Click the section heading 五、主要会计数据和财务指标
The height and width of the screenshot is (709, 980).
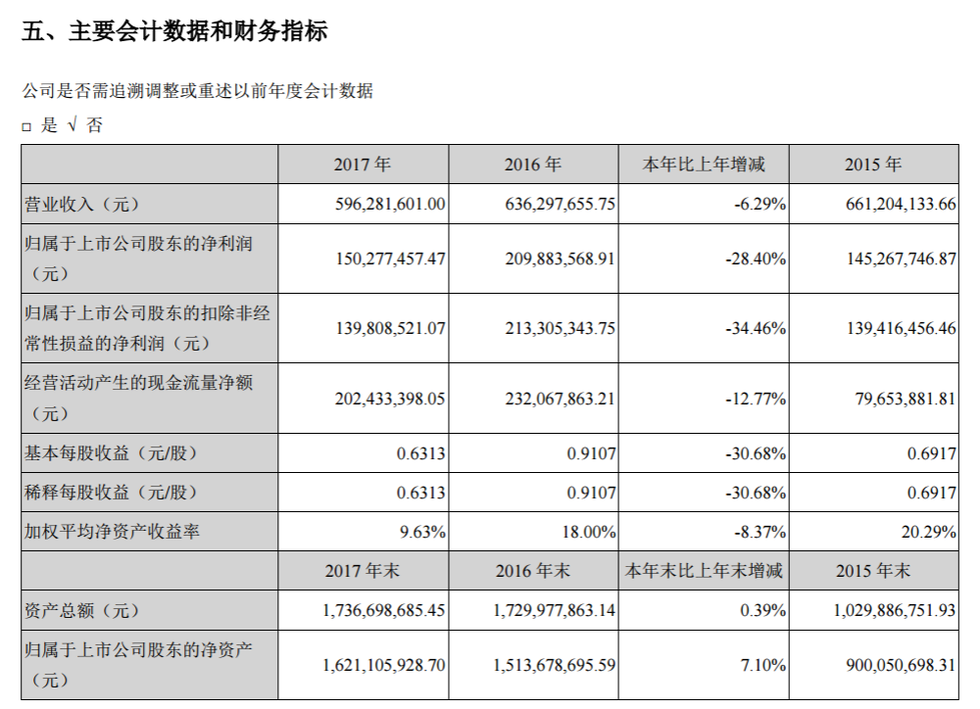[174, 32]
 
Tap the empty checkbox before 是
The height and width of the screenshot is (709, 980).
[27, 126]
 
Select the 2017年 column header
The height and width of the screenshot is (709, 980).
[363, 165]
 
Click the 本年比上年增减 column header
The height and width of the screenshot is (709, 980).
[703, 165]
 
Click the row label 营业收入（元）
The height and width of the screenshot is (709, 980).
[82, 204]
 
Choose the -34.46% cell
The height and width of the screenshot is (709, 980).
[756, 329]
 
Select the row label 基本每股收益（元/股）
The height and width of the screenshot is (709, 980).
[110, 453]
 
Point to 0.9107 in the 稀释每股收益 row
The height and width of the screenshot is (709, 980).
[591, 493]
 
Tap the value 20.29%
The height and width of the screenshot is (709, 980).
[930, 533]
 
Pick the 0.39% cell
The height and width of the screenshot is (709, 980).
[763, 610]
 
